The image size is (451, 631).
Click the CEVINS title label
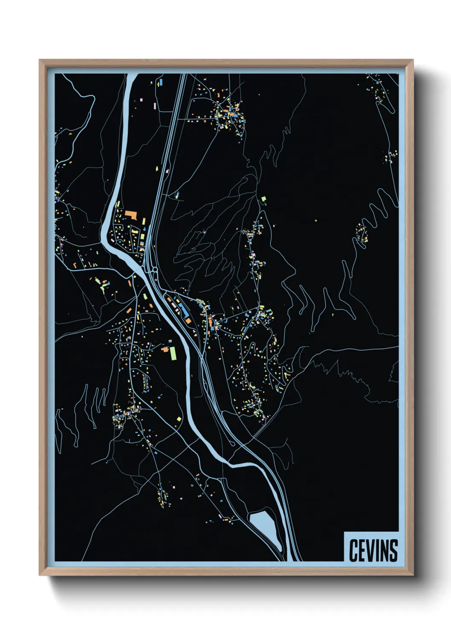(373, 550)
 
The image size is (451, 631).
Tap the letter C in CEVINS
(353, 550)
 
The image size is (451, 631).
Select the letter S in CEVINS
(393, 550)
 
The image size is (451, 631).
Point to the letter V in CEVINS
(369, 550)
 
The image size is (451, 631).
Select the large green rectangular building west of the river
(173, 353)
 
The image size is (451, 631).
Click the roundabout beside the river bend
(152, 269)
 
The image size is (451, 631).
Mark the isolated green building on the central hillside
(264, 199)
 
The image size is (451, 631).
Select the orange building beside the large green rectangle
(165, 349)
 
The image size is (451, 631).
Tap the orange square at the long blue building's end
(187, 320)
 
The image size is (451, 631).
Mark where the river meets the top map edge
(132, 75)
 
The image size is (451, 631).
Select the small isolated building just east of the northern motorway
(177, 195)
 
